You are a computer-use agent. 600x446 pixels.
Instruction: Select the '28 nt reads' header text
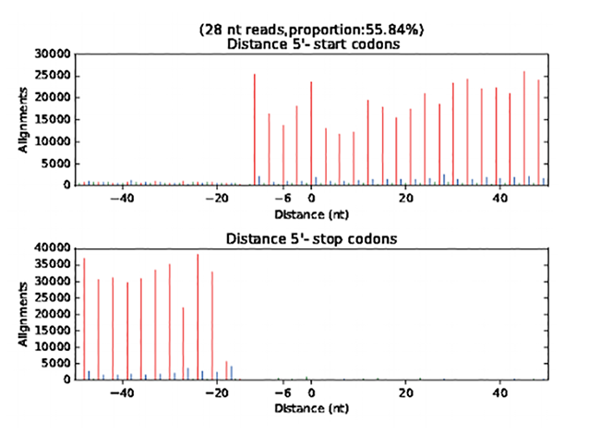coord(256,30)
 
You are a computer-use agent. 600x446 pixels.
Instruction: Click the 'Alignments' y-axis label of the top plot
coord(25,121)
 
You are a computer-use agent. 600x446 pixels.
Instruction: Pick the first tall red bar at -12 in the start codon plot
coord(255,129)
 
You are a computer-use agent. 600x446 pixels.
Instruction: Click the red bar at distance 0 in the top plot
coord(311,133)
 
